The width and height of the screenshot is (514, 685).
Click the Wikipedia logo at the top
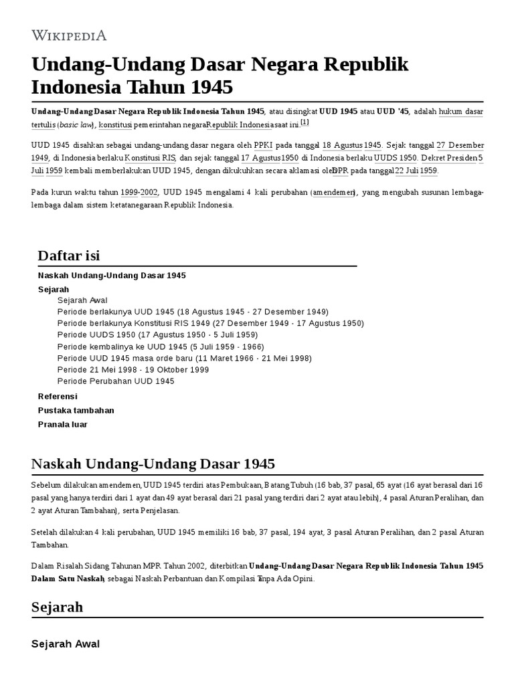(x=69, y=35)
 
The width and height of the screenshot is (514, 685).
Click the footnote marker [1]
(x=305, y=122)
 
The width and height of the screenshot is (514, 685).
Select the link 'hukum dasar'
(x=461, y=112)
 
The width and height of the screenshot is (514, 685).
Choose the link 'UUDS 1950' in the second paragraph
(x=396, y=158)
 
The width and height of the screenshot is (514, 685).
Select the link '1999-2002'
(x=139, y=193)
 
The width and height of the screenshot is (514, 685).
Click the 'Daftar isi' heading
(x=69, y=255)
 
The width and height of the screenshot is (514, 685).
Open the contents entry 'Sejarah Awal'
(x=82, y=300)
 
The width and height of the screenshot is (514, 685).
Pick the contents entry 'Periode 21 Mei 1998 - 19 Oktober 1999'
(x=133, y=369)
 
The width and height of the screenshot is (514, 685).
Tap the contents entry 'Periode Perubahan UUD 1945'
(x=116, y=381)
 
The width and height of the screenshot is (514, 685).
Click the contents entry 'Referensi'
(x=58, y=397)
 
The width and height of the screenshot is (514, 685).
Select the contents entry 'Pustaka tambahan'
(x=76, y=410)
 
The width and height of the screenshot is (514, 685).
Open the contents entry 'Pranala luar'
(x=63, y=424)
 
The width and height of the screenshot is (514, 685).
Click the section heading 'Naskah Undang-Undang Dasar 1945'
(x=153, y=464)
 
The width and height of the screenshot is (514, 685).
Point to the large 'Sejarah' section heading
(x=58, y=607)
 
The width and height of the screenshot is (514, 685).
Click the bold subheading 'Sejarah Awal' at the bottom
(x=66, y=644)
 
